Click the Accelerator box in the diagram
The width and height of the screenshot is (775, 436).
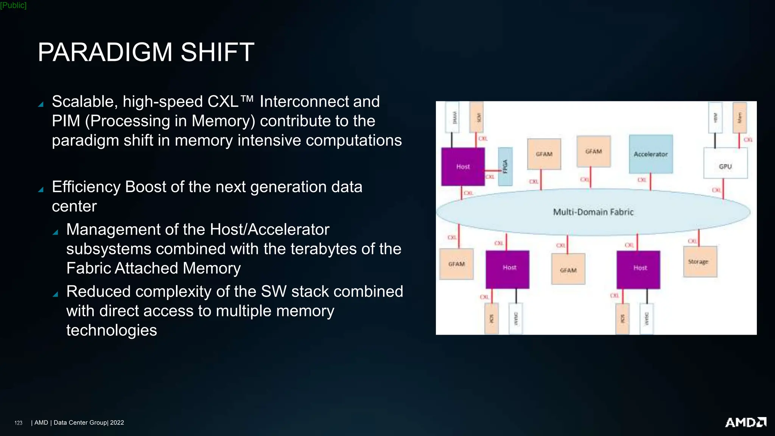[x=651, y=154]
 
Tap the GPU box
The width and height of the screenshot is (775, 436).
[x=725, y=163]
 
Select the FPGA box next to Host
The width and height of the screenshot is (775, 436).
[x=505, y=167]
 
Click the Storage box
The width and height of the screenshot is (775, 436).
[x=700, y=262]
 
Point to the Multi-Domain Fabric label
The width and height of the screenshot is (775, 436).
[x=593, y=212]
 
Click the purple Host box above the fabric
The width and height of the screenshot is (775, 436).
[x=463, y=167]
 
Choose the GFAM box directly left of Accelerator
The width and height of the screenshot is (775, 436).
[x=593, y=151]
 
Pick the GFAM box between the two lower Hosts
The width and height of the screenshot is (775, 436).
[x=568, y=269]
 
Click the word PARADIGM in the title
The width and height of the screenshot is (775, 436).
[x=105, y=52]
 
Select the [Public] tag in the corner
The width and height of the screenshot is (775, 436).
[x=13, y=5]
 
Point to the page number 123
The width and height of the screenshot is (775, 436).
[x=18, y=423]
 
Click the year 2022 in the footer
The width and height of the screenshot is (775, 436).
[x=117, y=423]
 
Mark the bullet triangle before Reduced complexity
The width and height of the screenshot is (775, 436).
[x=55, y=294]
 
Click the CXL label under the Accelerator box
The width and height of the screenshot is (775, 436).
[x=642, y=180]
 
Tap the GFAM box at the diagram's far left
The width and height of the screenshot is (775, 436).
[x=456, y=264]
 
